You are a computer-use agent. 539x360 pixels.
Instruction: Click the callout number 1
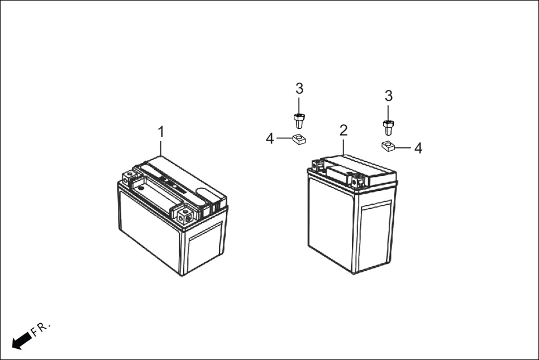[161, 132]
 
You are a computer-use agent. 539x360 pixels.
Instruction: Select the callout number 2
[344, 131]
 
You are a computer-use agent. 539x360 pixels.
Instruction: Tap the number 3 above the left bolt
[299, 88]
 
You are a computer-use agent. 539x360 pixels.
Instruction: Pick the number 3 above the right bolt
[389, 95]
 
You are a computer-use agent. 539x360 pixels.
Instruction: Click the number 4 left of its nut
[270, 138]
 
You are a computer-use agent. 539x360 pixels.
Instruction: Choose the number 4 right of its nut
[418, 148]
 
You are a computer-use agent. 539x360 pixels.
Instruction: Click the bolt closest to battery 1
[299, 120]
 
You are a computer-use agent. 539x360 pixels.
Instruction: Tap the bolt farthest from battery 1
[388, 127]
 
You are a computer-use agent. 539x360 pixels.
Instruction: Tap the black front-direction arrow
[21, 340]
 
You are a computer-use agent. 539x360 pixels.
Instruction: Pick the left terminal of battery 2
[317, 165]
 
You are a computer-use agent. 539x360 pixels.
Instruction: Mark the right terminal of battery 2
[358, 180]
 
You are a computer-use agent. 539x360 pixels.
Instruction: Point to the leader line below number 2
[344, 146]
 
